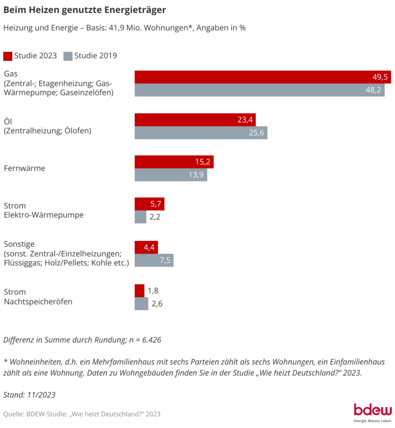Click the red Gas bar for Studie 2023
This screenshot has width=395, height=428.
[x=262, y=77]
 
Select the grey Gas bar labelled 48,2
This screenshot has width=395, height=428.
[x=259, y=90]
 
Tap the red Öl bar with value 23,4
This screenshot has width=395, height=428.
[x=195, y=120]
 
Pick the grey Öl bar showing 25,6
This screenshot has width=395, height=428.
[x=201, y=133]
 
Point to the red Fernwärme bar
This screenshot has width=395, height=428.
[x=174, y=162]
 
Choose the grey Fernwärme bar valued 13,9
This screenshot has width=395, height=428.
[x=171, y=175]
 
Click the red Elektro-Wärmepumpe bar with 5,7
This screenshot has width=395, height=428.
[x=149, y=204]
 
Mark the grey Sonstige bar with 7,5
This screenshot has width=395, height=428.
[x=154, y=260]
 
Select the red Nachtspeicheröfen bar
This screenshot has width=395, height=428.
[x=139, y=291]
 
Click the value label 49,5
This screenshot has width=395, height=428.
[x=380, y=77]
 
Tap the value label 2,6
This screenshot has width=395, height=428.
[x=157, y=304]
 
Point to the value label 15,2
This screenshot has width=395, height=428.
[x=203, y=162]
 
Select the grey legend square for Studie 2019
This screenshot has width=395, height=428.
[x=68, y=56]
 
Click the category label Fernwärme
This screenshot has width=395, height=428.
[x=24, y=168]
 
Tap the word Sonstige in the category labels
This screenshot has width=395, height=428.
[x=19, y=244]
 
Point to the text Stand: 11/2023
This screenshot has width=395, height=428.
[x=29, y=395]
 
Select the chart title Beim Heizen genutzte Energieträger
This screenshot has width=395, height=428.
[x=85, y=10]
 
